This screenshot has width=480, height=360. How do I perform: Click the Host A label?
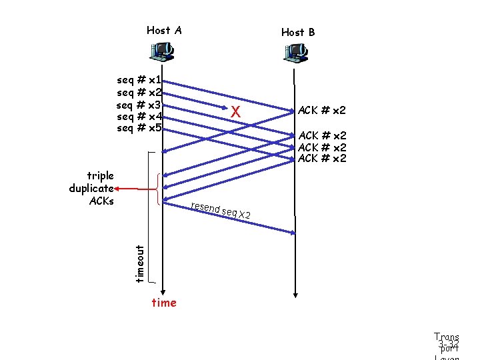(164, 30)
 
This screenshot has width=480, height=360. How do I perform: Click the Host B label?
(298, 32)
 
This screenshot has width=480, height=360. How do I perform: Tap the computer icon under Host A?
(162, 50)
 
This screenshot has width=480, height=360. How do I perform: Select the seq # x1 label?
(139, 79)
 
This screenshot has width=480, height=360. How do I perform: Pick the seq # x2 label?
(139, 92)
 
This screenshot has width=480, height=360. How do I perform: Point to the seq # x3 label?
(139, 105)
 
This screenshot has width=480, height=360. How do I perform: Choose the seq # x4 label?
(139, 117)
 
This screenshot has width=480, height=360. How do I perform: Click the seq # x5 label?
(139, 128)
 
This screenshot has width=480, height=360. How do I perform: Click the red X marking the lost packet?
(235, 113)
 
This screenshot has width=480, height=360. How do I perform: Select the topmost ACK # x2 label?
(322, 110)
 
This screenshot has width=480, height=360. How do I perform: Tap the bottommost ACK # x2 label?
(322, 158)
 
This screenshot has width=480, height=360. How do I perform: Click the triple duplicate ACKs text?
(92, 188)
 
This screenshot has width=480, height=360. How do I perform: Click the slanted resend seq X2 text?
(220, 210)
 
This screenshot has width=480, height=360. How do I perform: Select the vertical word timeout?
(139, 263)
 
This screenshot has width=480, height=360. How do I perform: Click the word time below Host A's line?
(164, 303)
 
